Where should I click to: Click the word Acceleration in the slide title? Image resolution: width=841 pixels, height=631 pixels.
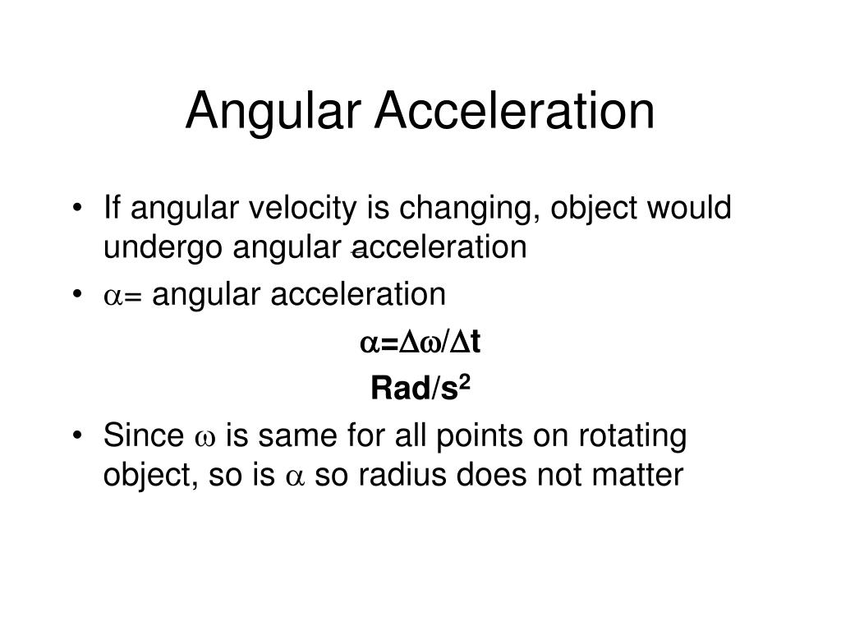click(x=515, y=111)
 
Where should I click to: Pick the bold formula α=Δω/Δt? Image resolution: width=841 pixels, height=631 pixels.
click(x=420, y=343)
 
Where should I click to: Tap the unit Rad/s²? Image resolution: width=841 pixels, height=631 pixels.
click(x=419, y=389)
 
